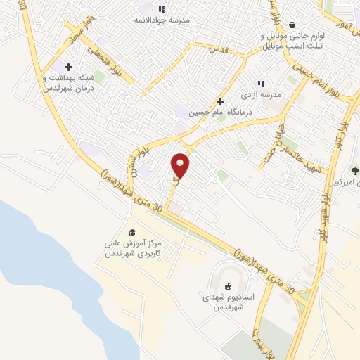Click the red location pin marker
[181, 165]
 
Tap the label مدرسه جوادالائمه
[164, 20]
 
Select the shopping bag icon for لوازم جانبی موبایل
[292, 25]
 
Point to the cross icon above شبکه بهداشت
[67, 66]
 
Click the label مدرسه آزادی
[261, 94]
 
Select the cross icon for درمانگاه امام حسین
[220, 101]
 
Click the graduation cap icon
[131, 232]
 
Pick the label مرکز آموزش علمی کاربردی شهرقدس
[131, 247]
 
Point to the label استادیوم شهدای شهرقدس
[228, 302]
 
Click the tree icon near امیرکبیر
[354, 170]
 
